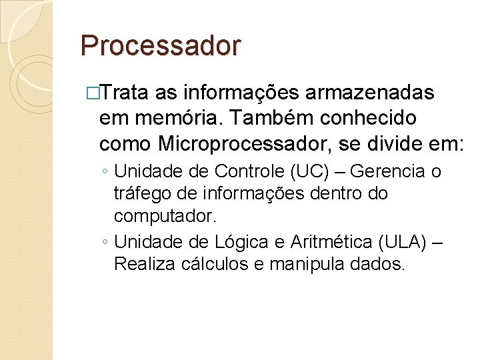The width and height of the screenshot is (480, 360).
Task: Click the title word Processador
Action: click(160, 45)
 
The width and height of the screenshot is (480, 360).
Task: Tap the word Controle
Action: click(251, 171)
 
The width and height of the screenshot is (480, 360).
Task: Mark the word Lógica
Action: click(243, 241)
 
